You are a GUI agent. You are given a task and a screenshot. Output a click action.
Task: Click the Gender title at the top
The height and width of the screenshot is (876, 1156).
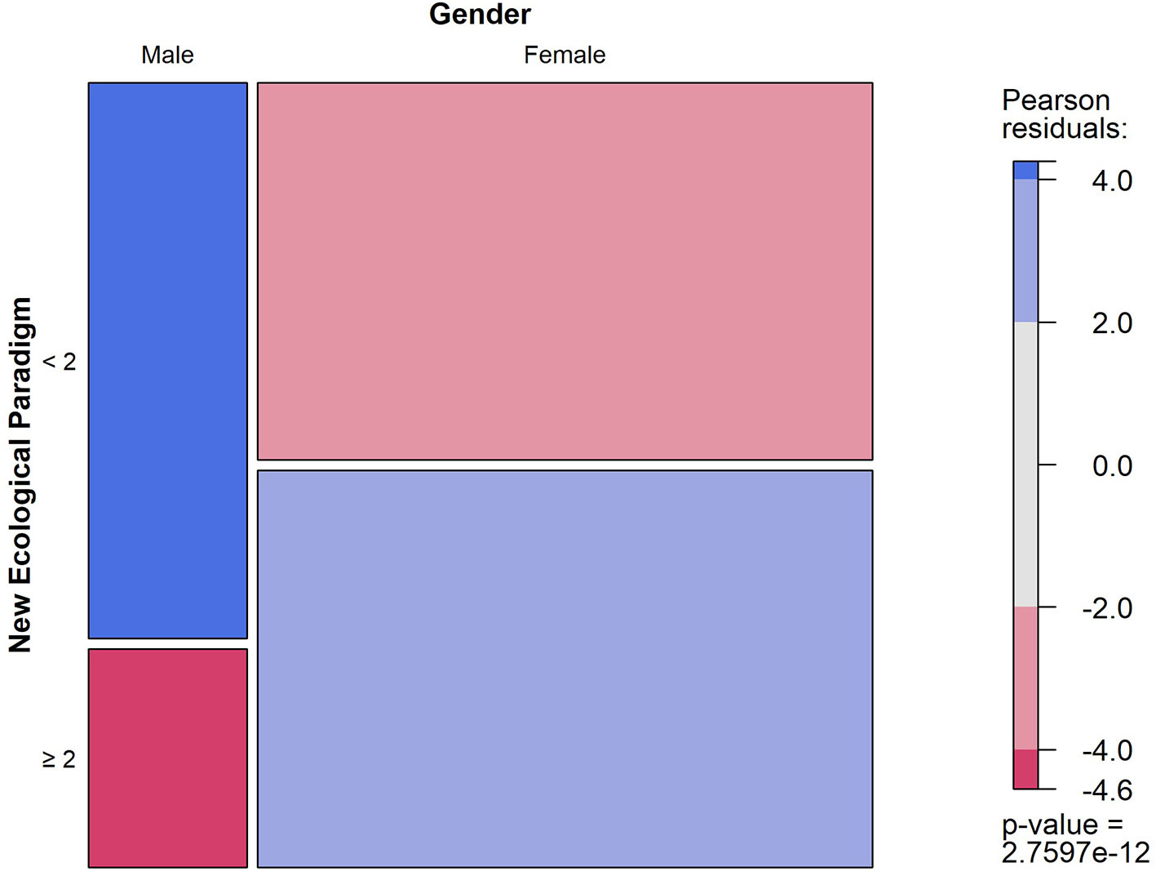[x=480, y=15]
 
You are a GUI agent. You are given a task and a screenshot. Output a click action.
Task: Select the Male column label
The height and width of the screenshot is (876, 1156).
[x=167, y=56]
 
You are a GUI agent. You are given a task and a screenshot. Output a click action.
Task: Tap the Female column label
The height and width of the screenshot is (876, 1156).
[x=565, y=56]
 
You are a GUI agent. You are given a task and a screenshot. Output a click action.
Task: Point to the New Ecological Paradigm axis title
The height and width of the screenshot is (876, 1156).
[x=20, y=474]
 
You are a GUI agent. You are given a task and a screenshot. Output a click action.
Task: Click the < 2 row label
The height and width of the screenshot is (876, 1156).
[x=60, y=361]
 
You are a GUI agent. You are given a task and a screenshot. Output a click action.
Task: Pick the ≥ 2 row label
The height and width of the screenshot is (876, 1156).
[x=60, y=758]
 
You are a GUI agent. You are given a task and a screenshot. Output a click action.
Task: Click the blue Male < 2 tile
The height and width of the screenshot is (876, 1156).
[x=167, y=360]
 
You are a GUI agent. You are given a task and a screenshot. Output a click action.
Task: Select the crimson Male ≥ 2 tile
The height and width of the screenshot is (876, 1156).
[x=167, y=758]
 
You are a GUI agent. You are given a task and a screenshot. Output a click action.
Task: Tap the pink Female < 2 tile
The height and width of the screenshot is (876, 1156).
[x=565, y=271]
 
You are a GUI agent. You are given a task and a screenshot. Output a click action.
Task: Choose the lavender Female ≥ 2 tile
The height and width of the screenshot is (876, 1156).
[x=565, y=668]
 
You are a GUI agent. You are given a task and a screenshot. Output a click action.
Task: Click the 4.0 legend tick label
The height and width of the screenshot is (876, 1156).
[x=1112, y=181]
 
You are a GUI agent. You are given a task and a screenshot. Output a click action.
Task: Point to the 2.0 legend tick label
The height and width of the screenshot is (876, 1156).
[x=1112, y=323]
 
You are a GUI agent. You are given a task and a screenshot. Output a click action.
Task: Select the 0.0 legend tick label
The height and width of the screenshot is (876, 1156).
[x=1112, y=466]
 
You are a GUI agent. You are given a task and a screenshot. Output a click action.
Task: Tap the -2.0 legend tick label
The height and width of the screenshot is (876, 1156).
[x=1107, y=608]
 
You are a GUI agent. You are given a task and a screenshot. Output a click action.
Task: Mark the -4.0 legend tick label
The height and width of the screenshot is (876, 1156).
[x=1107, y=750]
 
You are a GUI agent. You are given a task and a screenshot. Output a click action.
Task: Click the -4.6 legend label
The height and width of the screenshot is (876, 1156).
[x=1107, y=790]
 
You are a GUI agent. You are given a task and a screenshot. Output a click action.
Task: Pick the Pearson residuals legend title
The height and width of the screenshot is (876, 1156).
[x=1063, y=114]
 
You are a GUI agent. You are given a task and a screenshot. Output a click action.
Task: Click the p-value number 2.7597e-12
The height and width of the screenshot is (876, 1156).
[x=1074, y=853]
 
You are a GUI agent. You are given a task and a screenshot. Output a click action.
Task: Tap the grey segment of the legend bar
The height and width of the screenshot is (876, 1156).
[x=1025, y=464]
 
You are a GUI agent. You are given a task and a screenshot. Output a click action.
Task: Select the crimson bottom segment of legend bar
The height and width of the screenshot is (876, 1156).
[x=1025, y=769]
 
